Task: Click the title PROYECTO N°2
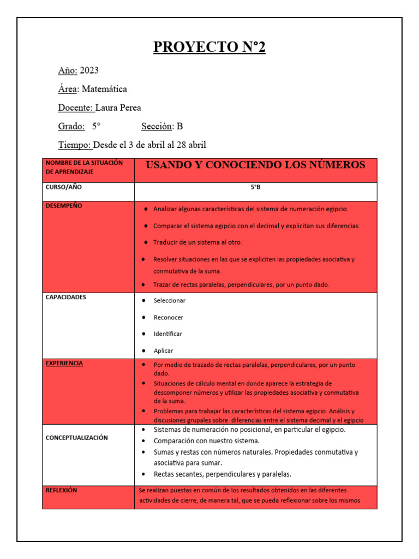coord(209,47)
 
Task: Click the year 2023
coord(89,70)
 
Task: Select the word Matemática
coord(104,89)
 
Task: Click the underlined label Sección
coord(157,126)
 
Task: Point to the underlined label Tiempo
coord(75,145)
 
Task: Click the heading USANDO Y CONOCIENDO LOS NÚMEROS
coord(255,165)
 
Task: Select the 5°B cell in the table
coord(255,187)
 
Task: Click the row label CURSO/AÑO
coord(64,187)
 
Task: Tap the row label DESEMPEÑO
coord(64,206)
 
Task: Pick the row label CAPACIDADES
coord(65,298)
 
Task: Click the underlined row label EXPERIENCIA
coord(64,363)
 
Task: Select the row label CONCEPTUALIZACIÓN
coord(76,437)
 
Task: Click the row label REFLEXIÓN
coord(61,490)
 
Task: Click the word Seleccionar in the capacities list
coord(169,301)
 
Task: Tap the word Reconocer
coord(168,317)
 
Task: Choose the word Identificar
coord(167,334)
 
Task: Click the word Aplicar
coord(163,350)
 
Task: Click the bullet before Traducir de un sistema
coord(147,242)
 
